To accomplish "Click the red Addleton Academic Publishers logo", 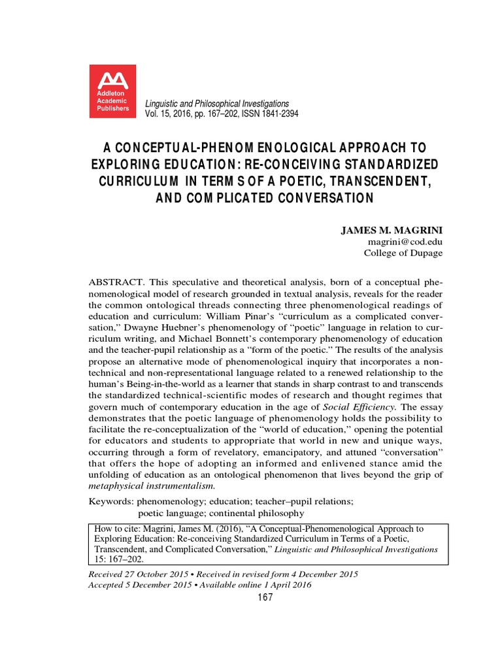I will (112, 92).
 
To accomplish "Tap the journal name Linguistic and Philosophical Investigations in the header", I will (216, 104).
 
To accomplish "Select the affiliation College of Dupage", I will (403, 253).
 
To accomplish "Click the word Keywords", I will (110, 501).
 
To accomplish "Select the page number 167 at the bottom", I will (264, 597).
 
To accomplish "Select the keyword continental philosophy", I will (248, 513).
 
